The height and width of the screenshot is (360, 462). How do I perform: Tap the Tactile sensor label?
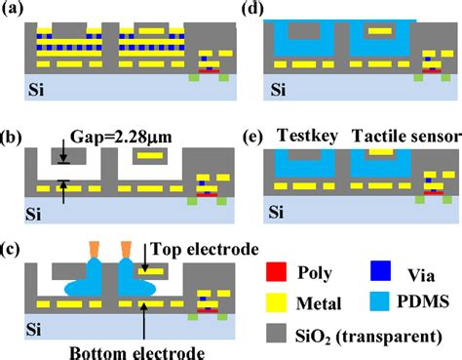(x=403, y=136)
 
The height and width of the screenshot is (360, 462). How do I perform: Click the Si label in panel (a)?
(x=35, y=93)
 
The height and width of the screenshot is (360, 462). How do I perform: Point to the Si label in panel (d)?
(x=280, y=93)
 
